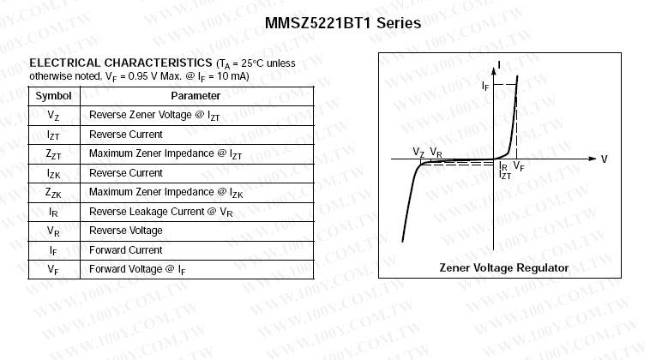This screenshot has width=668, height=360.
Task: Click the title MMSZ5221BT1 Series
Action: point(343,22)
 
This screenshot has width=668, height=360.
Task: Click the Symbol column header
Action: point(53,96)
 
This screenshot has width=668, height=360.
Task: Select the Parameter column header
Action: point(196,96)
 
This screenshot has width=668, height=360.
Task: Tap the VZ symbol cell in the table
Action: point(53,116)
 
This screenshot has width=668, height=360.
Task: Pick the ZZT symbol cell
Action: point(53,153)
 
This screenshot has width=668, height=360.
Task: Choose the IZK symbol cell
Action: point(53,173)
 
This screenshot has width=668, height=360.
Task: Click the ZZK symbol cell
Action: point(53,193)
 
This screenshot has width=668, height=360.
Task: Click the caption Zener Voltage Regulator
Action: point(504,267)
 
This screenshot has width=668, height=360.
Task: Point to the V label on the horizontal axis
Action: point(604,159)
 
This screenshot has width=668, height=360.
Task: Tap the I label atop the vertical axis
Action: point(499,65)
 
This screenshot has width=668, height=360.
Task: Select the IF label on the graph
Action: point(485,86)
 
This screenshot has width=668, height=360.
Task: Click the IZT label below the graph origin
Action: point(505,175)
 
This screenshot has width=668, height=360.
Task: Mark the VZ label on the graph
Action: point(418,152)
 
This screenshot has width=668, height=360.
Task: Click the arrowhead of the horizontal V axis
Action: point(593,159)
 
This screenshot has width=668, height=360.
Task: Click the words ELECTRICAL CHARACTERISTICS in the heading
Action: point(121,63)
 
